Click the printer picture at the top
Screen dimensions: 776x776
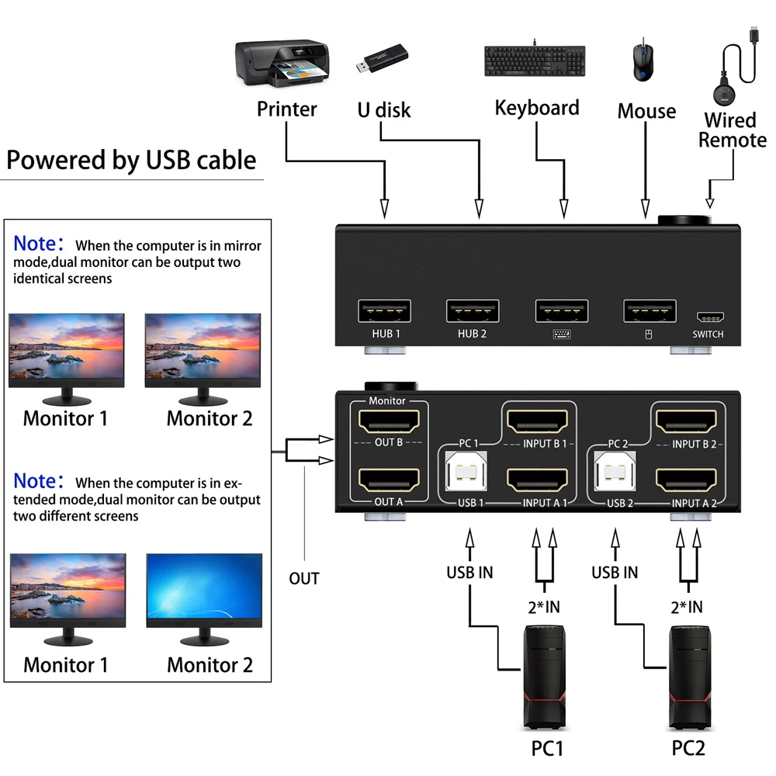[x=281, y=64]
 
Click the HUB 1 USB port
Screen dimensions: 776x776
[x=384, y=310]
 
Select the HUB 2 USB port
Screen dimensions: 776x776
[x=472, y=310]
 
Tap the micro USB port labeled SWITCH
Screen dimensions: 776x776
[x=708, y=317]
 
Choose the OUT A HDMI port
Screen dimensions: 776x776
[x=388, y=478]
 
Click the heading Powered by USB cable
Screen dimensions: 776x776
[x=131, y=160]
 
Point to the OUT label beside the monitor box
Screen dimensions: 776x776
[x=304, y=578]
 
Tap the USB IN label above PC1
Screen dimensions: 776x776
[x=469, y=573]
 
